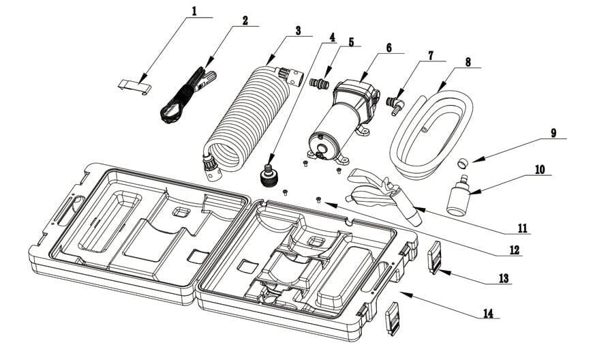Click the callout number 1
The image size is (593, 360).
click(194, 11)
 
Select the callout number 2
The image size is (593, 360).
click(244, 20)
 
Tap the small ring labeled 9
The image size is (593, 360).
click(462, 163)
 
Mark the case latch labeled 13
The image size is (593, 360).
click(434, 260)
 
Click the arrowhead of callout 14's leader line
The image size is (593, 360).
click(403, 293)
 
